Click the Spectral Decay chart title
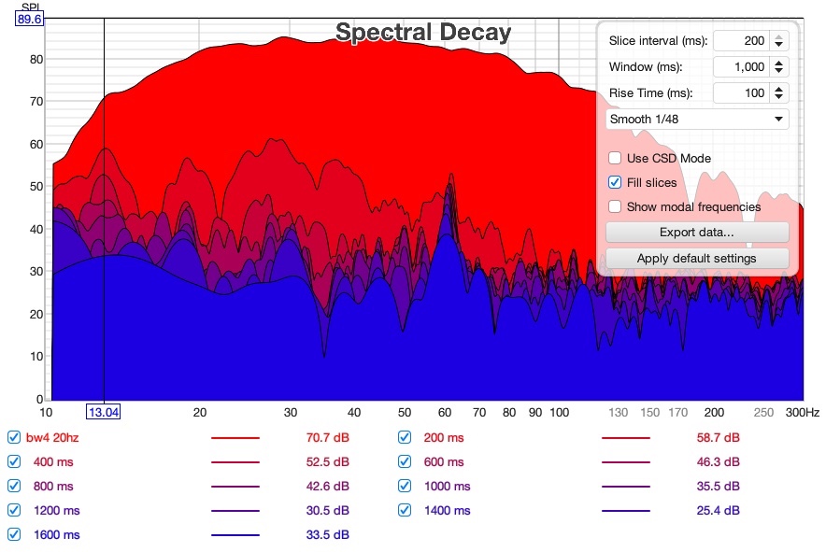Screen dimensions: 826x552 [x=423, y=32]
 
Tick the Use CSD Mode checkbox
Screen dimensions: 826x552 [x=615, y=158]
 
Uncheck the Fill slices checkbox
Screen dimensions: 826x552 [x=615, y=182]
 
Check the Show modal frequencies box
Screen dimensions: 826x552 [x=615, y=206]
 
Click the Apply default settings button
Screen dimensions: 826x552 [x=697, y=258]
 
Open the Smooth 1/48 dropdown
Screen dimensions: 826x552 [x=697, y=119]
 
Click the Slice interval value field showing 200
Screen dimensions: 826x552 [x=741, y=40]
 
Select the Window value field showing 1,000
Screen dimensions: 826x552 [x=741, y=67]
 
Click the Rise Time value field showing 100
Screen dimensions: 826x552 [x=741, y=93]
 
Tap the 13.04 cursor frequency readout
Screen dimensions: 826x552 [x=103, y=412]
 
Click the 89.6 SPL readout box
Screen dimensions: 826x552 [x=29, y=20]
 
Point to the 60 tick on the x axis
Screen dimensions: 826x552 [x=445, y=413]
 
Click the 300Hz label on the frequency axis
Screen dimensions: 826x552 [x=803, y=413]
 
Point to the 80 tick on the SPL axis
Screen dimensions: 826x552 [x=36, y=60]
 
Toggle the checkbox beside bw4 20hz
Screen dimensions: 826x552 [x=14, y=437]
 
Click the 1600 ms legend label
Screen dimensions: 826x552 [x=57, y=534]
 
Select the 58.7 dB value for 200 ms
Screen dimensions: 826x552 [x=718, y=438]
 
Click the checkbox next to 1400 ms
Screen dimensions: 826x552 [x=405, y=510]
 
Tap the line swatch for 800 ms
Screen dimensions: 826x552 [x=235, y=487]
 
